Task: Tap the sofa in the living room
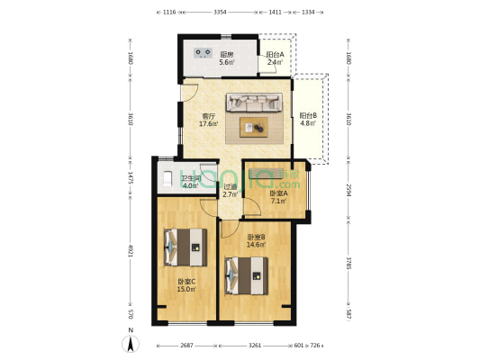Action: point(259,105)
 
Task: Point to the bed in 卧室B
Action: point(247,274)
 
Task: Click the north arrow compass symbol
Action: point(131,342)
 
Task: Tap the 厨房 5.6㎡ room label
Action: point(227,59)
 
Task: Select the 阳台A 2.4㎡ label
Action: point(276,59)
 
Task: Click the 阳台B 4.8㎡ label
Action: point(308,120)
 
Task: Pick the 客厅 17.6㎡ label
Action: point(208,120)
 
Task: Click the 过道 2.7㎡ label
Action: point(230,190)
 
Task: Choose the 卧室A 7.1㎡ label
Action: point(277,197)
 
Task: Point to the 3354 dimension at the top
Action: point(220,13)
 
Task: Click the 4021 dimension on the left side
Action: point(131,252)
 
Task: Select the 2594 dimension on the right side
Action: point(349,191)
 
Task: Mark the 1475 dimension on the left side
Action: point(131,176)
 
